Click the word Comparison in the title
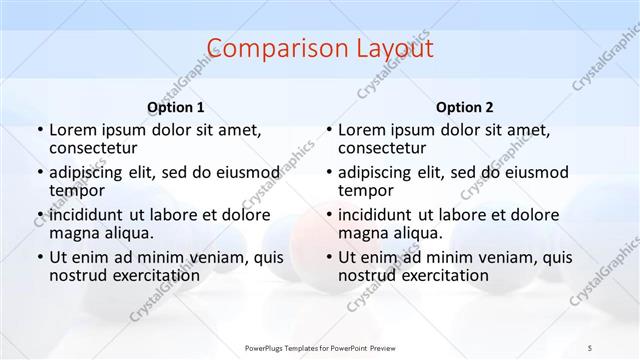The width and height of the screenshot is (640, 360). (270, 49)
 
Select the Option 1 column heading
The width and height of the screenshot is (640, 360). (176, 107)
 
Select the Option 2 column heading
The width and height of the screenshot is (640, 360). (465, 107)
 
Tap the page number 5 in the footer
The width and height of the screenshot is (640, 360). (590, 348)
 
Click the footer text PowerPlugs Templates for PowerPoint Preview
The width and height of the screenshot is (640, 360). (320, 348)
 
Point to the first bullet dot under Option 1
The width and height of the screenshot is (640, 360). (39, 130)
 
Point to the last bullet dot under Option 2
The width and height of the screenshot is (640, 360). (328, 257)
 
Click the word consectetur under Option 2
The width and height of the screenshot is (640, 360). (383, 148)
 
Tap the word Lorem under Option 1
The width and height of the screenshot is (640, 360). (72, 130)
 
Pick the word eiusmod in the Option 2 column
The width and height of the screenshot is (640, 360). (533, 172)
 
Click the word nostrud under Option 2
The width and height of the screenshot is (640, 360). (367, 275)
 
